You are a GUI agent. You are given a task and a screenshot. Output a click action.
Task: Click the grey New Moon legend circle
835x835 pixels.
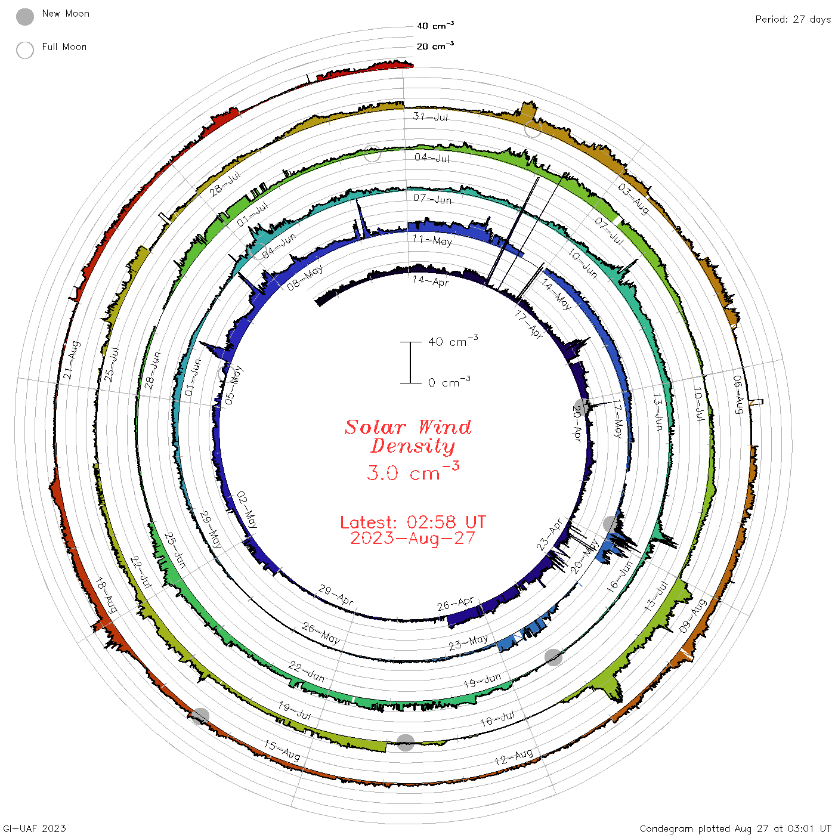(x=24, y=17)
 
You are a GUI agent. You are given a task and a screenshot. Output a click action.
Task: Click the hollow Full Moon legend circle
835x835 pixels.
(x=24, y=50)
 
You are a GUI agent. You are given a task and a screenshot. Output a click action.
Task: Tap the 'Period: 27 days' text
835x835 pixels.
(x=793, y=20)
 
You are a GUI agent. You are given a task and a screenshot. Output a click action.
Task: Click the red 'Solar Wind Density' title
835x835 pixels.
(x=408, y=437)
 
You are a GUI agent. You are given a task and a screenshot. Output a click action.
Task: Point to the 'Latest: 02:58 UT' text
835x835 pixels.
(x=413, y=522)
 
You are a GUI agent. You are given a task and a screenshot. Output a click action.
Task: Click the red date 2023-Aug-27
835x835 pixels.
(x=413, y=538)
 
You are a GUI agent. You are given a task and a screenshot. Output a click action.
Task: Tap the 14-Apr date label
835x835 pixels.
(x=430, y=281)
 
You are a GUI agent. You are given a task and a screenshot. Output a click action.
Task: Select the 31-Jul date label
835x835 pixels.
(x=430, y=116)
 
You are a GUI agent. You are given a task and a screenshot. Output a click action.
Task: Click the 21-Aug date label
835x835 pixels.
(x=72, y=360)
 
